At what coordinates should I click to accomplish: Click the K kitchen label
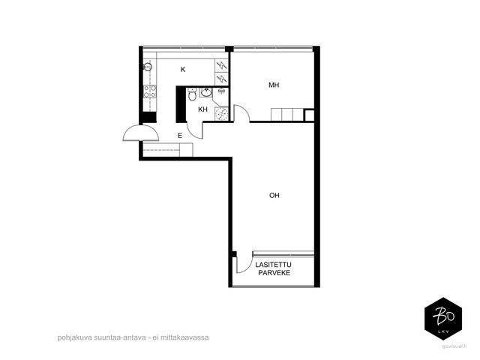(x=183, y=70)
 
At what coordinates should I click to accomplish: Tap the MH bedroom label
(x=274, y=85)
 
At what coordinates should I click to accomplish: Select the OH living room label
(x=274, y=195)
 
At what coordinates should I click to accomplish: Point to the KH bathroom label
(x=202, y=109)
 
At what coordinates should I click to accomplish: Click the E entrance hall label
(x=180, y=136)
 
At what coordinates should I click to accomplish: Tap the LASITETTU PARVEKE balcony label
(x=274, y=268)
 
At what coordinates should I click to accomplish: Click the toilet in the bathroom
(x=192, y=94)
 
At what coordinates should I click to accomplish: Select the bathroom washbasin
(x=206, y=92)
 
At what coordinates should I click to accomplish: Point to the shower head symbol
(x=221, y=91)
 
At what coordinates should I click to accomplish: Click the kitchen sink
(x=148, y=67)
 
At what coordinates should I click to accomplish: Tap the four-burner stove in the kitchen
(x=150, y=91)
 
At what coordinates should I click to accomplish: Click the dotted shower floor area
(x=221, y=114)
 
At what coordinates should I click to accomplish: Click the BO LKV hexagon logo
(x=443, y=319)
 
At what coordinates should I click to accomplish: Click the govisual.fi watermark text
(x=454, y=346)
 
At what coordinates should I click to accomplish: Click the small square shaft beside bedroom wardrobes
(x=309, y=115)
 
